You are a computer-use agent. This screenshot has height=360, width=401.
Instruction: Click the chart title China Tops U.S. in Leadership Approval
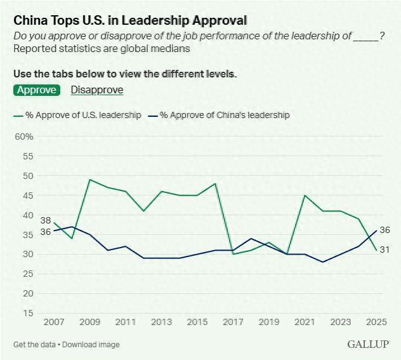click(130, 20)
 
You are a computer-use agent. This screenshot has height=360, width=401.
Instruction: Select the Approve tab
click(36, 90)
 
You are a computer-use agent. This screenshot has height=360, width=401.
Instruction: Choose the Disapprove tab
click(96, 90)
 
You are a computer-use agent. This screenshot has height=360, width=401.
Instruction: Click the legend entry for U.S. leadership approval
click(77, 115)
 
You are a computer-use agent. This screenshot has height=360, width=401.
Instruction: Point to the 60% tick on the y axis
click(23, 137)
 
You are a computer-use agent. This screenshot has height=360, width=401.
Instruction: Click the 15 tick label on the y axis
click(27, 313)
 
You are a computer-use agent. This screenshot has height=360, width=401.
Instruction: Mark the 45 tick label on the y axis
click(27, 196)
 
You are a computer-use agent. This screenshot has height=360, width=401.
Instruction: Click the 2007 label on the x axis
click(54, 322)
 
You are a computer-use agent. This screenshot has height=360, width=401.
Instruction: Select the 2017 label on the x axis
click(233, 322)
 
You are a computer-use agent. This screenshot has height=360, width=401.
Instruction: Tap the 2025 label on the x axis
click(377, 322)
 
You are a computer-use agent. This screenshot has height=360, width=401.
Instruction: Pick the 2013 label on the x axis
click(162, 322)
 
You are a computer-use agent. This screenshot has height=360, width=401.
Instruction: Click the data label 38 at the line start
click(46, 220)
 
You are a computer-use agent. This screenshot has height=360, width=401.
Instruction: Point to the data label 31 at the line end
click(385, 250)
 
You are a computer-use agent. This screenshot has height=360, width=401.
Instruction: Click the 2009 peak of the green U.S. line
click(90, 180)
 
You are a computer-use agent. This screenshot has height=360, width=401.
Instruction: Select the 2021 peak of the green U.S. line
click(305, 195)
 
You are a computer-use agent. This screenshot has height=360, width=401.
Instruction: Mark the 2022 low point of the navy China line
click(323, 262)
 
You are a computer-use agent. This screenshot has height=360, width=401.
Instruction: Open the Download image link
click(91, 345)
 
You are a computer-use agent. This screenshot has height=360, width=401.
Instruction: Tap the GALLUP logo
click(368, 344)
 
